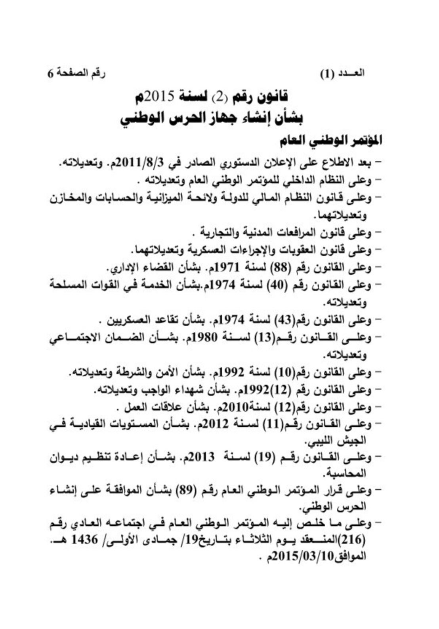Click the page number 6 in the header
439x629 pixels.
click(51, 73)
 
